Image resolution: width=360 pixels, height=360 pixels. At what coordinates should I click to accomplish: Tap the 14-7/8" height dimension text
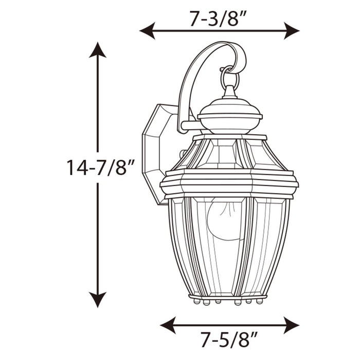tap(100, 168)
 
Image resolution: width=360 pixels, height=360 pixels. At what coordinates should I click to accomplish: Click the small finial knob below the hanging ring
tap(230, 93)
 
